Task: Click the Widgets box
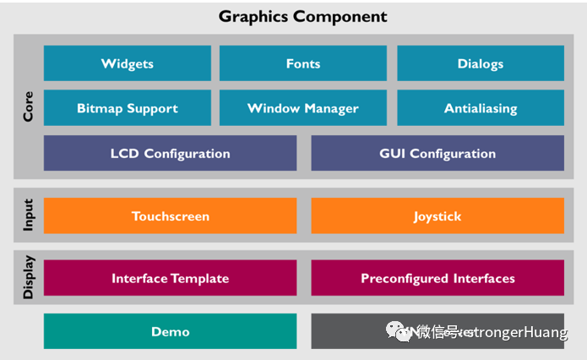[127, 63]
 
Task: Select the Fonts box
[302, 63]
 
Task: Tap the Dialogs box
[480, 63]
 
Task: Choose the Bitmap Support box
[127, 108]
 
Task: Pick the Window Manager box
[302, 108]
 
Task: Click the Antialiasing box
[480, 108]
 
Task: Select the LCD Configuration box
[170, 153]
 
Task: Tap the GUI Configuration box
[437, 153]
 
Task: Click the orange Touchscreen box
[170, 215]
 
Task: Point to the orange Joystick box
[437, 215]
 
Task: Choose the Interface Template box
[170, 278]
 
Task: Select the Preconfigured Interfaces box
[437, 278]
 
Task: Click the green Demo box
[170, 331]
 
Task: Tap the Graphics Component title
[302, 16]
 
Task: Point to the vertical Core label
[28, 106]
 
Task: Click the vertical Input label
[28, 215]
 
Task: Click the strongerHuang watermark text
[515, 332]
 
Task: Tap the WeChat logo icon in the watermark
[396, 331]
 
